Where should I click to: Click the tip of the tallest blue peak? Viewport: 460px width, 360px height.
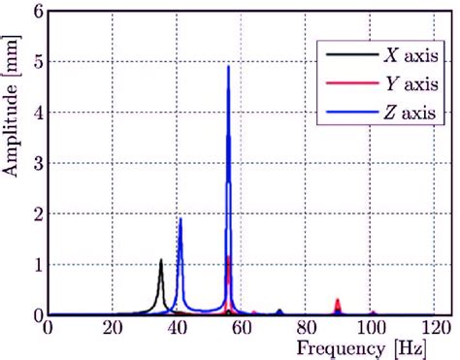pos(228,66)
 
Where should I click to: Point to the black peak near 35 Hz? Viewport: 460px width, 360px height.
pos(161,260)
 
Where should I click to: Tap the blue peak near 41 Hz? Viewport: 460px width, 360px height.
pos(181,219)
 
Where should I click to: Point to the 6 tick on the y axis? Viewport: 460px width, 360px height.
pos(38,12)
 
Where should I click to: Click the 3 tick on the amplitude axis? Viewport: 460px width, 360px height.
pos(38,163)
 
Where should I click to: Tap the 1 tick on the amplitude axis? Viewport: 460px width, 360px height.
pos(38,265)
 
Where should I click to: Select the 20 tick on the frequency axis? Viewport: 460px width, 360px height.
pos(113,327)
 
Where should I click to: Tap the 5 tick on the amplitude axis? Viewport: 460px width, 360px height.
pos(38,62)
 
